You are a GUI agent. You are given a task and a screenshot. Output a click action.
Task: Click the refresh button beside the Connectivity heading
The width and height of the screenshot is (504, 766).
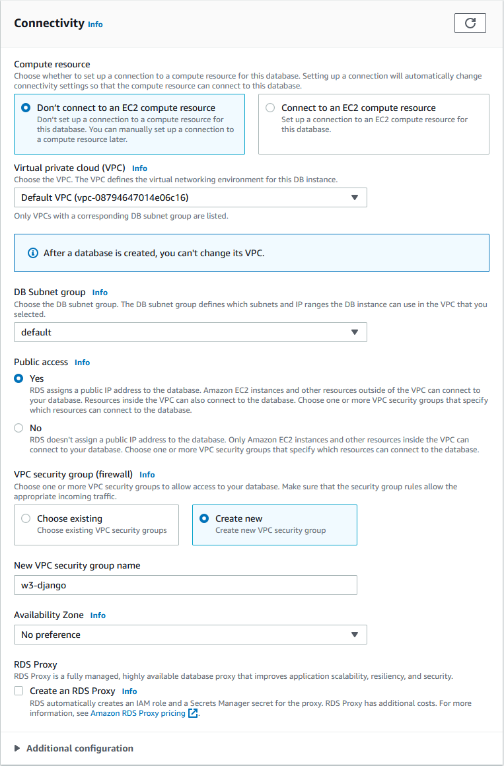(x=470, y=23)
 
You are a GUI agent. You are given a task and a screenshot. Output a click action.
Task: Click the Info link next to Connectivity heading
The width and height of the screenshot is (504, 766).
(x=95, y=24)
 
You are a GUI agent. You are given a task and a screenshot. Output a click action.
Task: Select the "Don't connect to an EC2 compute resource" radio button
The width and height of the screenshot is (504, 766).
(x=26, y=108)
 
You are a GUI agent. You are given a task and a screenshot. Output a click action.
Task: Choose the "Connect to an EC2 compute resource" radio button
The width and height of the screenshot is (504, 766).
(x=270, y=108)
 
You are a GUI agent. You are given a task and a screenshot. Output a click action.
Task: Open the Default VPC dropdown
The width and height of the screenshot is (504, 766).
(x=190, y=197)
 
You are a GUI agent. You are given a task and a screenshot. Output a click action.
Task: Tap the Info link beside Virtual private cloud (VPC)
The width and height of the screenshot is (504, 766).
(x=139, y=168)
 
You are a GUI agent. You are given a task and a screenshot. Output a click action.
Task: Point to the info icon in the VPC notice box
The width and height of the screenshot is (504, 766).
(x=33, y=253)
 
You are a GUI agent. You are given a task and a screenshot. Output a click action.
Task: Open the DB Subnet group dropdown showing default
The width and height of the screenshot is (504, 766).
(x=190, y=332)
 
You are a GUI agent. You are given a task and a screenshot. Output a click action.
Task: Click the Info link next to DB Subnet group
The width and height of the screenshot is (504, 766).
(x=100, y=293)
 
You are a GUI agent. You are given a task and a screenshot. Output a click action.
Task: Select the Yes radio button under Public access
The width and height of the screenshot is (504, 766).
(x=18, y=379)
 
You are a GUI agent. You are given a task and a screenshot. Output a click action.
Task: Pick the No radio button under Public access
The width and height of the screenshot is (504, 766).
(x=18, y=428)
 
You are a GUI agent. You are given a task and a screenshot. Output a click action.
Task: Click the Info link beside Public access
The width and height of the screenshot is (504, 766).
(x=82, y=363)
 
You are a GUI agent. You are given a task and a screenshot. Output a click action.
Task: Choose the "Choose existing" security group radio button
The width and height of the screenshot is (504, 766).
(x=26, y=518)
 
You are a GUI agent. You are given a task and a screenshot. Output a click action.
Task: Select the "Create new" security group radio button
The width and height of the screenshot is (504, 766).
(x=204, y=518)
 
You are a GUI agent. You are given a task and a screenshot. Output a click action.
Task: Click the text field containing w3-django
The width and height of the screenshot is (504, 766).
(x=185, y=585)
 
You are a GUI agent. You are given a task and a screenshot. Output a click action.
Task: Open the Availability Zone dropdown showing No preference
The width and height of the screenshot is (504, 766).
(x=190, y=635)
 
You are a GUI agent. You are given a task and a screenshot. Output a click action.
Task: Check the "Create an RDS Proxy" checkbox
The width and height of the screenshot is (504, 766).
(x=18, y=691)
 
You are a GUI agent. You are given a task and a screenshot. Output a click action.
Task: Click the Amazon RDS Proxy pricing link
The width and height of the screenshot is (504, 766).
(x=138, y=713)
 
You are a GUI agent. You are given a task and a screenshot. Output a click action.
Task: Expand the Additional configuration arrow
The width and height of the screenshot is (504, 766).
(x=17, y=748)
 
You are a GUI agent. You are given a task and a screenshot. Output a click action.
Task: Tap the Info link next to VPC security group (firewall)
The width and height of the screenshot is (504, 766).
(x=147, y=475)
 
